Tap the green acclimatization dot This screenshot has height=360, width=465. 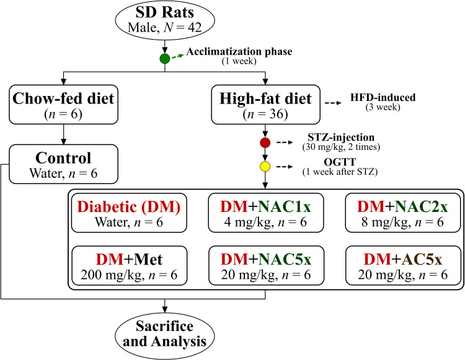pos(164,59)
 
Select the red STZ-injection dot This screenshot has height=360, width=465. pos(266,144)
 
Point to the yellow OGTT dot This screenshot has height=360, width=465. pos(266,167)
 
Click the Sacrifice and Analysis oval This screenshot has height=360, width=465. pos(164,333)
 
